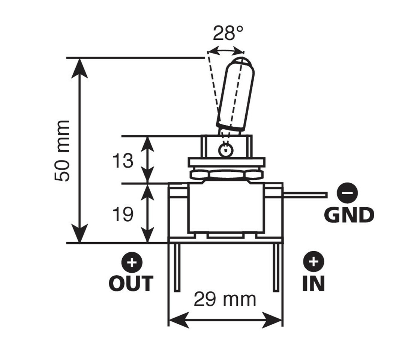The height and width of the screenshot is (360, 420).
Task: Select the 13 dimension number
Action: tap(123, 161)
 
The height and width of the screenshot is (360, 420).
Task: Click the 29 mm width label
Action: tap(225, 299)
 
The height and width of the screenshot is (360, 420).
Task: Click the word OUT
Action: tap(131, 283)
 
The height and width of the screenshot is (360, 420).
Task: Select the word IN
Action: tap(313, 283)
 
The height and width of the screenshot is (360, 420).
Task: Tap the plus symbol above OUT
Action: tap(131, 262)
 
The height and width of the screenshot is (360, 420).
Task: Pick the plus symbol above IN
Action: tap(313, 262)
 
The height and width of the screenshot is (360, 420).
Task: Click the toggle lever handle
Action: tap(235, 94)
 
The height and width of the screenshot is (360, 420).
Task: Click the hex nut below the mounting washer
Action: tap(226, 174)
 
